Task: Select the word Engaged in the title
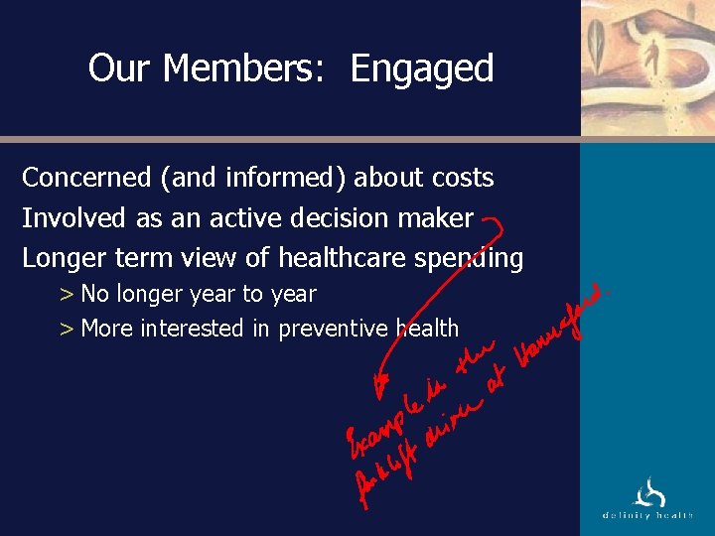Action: (x=422, y=69)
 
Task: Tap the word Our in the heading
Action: (x=119, y=68)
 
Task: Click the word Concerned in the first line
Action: (x=84, y=178)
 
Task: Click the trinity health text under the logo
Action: (x=648, y=514)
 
